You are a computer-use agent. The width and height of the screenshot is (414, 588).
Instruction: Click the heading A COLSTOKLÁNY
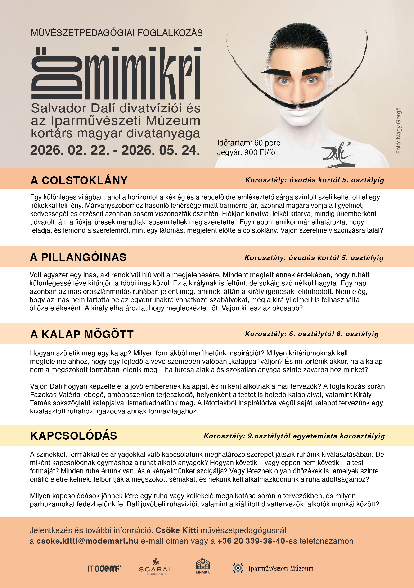[79, 180]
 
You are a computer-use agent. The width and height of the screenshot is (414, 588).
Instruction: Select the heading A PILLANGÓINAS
[78, 257]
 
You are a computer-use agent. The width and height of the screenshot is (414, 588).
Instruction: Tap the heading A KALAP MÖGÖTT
[82, 334]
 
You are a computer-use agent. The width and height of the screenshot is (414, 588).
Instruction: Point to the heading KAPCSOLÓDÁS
[74, 436]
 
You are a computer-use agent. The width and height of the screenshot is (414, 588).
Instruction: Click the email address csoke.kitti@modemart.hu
[87, 541]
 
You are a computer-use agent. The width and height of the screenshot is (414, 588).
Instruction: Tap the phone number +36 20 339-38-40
[251, 541]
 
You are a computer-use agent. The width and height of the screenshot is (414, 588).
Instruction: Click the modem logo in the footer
[104, 569]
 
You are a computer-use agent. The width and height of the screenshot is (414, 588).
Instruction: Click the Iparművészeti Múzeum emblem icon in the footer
[238, 568]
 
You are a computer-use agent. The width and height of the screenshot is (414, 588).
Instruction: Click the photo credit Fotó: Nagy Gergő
[398, 131]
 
